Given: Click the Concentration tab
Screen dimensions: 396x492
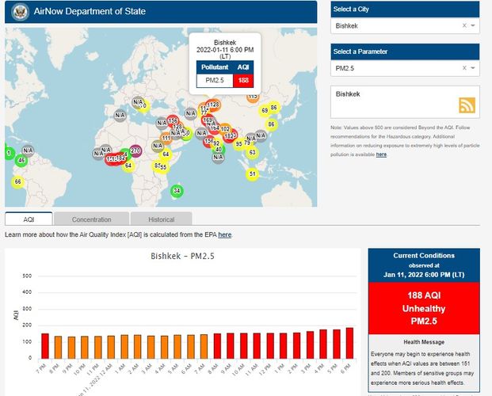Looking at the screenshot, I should [x=91, y=219].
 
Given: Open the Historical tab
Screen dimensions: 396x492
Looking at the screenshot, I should [x=161, y=219].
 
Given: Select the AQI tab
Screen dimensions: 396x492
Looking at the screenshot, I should [x=29, y=219].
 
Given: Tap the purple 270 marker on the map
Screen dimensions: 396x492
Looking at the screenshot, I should [x=135, y=150].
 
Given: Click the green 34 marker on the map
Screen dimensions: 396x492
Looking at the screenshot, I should [x=177, y=191].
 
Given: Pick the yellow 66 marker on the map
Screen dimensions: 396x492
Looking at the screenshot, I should [x=17, y=181].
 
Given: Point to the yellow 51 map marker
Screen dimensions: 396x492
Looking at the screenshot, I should [x=252, y=173].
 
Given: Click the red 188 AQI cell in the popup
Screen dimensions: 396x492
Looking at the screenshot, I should [x=243, y=80].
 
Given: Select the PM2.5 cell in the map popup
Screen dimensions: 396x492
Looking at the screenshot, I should [x=214, y=80].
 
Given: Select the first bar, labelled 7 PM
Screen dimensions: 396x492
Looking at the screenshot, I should [x=45, y=345].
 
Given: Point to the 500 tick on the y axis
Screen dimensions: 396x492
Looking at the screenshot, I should [x=27, y=276].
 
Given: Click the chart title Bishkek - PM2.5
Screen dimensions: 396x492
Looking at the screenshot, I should [x=184, y=257].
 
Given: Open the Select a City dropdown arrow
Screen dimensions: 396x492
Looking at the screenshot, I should [x=473, y=25].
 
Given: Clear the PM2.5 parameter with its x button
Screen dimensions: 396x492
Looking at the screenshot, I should [x=464, y=69].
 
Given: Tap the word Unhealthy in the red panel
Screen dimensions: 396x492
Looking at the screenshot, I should [x=423, y=309].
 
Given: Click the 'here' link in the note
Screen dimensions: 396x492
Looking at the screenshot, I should [x=381, y=154].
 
